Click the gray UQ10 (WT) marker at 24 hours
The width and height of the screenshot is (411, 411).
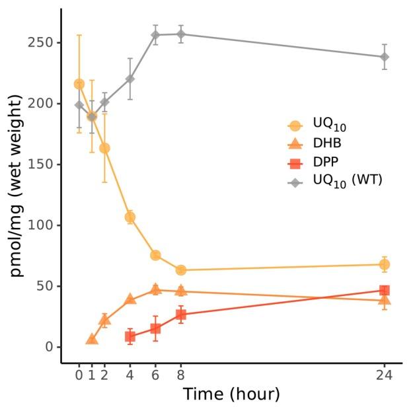coord(384,57)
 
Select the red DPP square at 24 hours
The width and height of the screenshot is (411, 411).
coord(384,290)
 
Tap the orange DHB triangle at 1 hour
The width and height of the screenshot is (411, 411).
coord(92,339)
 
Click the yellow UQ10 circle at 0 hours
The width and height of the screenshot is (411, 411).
coord(79,84)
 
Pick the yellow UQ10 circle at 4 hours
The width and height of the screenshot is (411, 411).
coord(130,217)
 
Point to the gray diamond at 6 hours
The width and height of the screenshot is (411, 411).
coord(156,36)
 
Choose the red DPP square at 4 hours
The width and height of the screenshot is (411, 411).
coord(130,336)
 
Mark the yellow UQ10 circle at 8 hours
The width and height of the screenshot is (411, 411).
coord(181,270)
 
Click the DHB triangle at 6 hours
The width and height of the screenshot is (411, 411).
coord(156,289)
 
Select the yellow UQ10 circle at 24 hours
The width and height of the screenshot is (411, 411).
coord(384,264)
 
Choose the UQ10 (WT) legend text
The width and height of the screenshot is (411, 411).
coord(348,180)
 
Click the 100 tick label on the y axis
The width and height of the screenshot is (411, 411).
coord(42,225)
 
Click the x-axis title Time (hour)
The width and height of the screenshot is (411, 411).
coord(231,394)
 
